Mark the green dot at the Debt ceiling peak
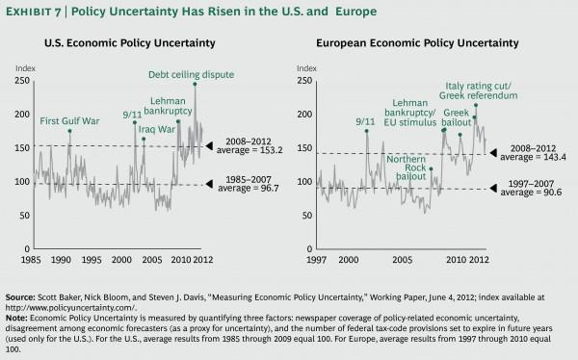[x=195, y=83]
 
